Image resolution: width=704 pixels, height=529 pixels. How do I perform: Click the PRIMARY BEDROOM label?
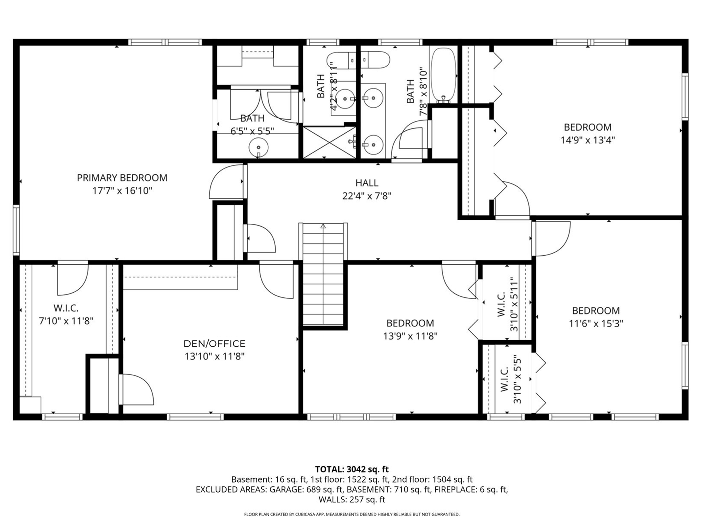(x=122, y=178)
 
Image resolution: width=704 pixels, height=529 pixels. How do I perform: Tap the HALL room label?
(x=367, y=183)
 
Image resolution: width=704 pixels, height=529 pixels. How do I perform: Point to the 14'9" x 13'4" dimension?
(x=587, y=140)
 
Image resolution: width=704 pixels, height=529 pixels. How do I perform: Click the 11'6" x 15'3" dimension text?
(x=596, y=324)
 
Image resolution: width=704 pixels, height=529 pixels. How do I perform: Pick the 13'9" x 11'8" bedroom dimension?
(x=410, y=336)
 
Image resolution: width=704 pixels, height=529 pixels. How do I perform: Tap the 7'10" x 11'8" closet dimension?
(x=66, y=321)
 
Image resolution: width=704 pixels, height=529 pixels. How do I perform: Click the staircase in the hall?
(x=323, y=274)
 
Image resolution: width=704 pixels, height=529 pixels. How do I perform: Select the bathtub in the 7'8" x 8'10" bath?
(x=443, y=75)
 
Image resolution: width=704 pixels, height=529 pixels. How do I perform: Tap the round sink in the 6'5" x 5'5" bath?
(x=258, y=147)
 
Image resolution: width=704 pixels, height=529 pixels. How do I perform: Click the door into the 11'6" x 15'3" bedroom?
(x=551, y=239)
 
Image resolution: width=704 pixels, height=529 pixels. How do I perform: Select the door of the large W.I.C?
(x=72, y=278)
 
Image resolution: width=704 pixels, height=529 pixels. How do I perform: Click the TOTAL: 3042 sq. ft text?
(x=352, y=469)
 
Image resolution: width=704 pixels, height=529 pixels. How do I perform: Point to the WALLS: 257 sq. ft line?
(x=352, y=500)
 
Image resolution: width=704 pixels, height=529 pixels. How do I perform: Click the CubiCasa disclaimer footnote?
(x=352, y=514)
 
